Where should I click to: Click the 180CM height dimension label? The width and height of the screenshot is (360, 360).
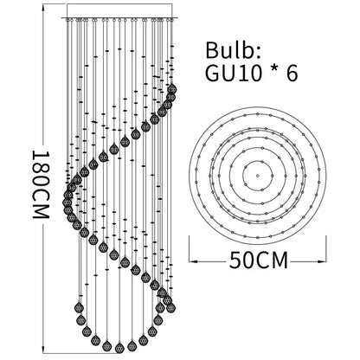[41, 184]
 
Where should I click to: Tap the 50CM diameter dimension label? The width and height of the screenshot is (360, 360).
[259, 260]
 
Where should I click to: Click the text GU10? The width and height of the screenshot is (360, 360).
[234, 74]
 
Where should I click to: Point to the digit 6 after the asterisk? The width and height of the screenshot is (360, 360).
[292, 74]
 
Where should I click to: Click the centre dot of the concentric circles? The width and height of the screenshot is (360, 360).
[257, 176]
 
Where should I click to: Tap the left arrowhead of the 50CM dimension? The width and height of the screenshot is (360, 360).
[193, 261]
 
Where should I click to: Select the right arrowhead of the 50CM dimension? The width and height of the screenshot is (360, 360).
[322, 261]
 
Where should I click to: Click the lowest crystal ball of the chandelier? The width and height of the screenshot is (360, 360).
[119, 348]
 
